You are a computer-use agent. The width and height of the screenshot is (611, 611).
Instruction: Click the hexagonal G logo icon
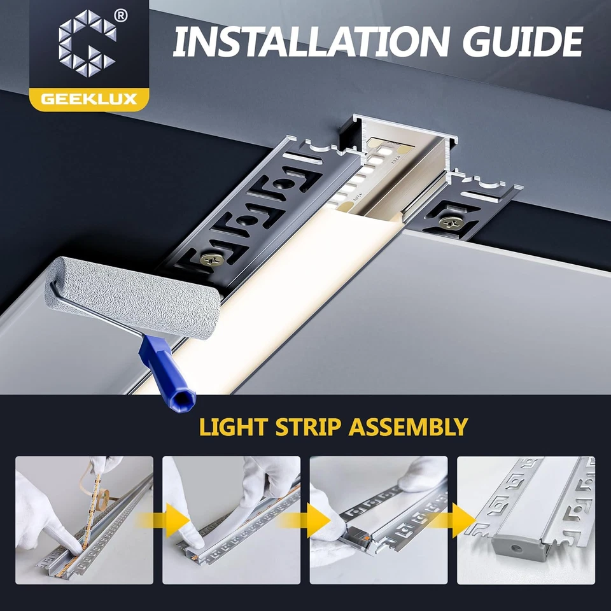click(88, 45)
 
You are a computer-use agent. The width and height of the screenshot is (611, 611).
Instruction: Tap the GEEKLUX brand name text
click(88, 99)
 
